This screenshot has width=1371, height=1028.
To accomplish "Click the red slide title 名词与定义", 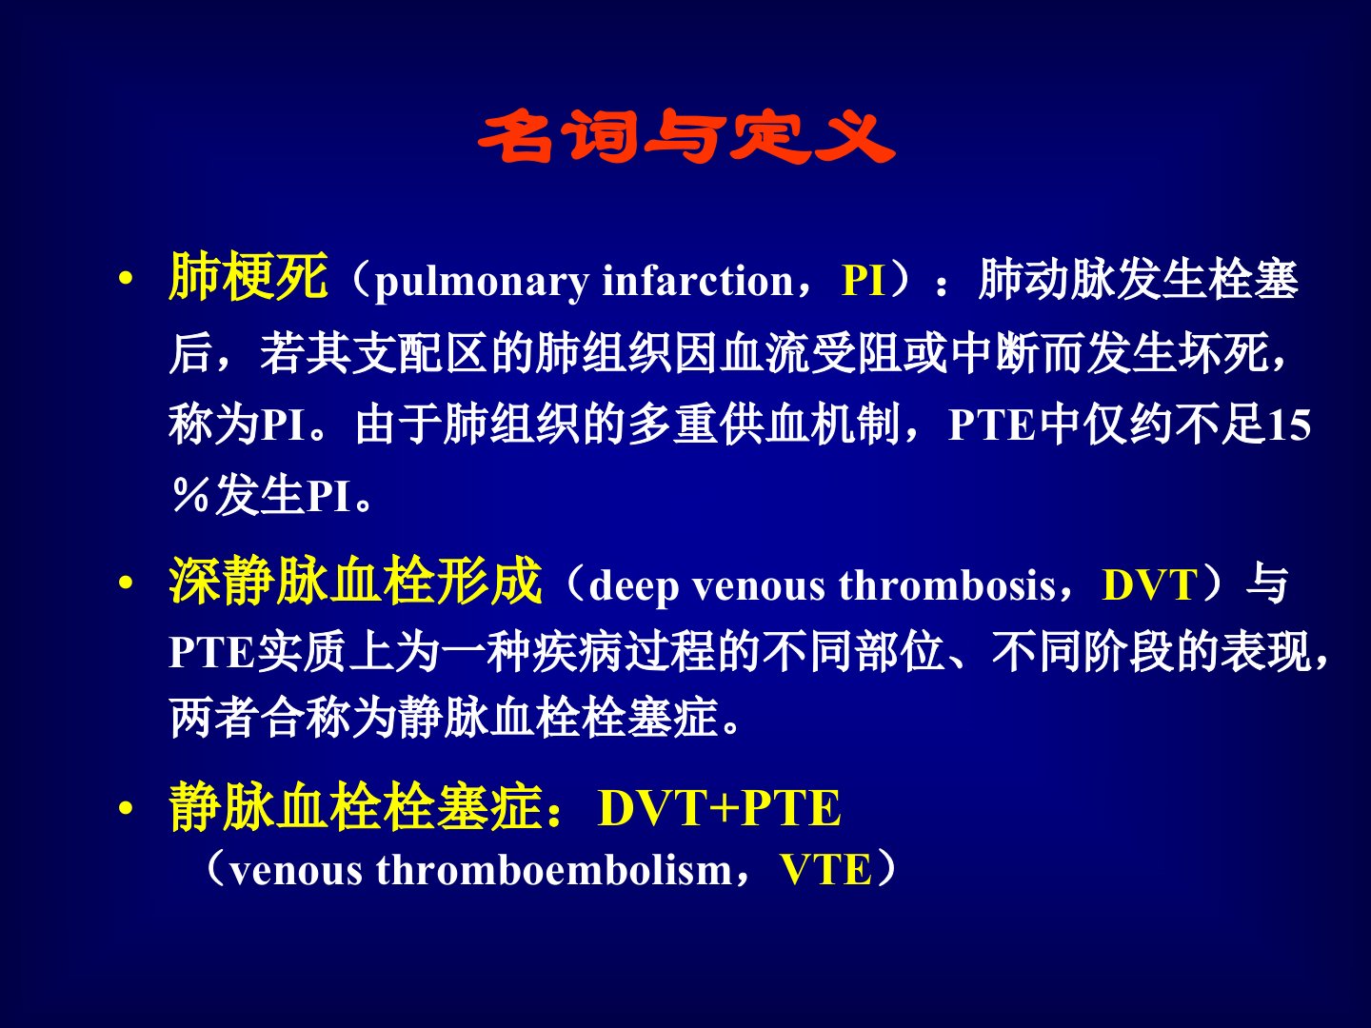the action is pyautogui.click(x=685, y=136).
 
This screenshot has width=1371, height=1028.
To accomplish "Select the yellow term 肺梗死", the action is pyautogui.click(x=248, y=276).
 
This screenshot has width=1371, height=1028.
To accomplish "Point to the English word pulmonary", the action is pyautogui.click(x=482, y=282).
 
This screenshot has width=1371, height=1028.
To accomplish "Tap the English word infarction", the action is pyautogui.click(x=698, y=280).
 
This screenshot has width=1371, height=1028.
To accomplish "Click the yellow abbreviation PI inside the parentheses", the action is pyautogui.click(x=864, y=280).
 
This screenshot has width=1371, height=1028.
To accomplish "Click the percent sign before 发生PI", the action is pyautogui.click(x=190, y=496).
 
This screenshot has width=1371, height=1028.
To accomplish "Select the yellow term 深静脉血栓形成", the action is pyautogui.click(x=355, y=581).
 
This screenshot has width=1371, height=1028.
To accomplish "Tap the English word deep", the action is pyautogui.click(x=633, y=586).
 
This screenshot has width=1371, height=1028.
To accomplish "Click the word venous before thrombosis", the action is pyautogui.click(x=759, y=588).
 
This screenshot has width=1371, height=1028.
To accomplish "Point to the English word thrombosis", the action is pyautogui.click(x=947, y=585).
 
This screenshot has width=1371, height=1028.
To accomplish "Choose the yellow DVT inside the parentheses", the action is pyautogui.click(x=1149, y=585).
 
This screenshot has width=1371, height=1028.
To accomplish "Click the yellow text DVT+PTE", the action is pyautogui.click(x=720, y=808).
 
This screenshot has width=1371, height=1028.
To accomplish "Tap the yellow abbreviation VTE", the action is pyautogui.click(x=825, y=869).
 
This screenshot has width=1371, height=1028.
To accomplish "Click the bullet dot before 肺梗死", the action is pyautogui.click(x=127, y=278).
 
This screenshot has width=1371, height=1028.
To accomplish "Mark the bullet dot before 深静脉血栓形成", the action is pyautogui.click(x=127, y=583).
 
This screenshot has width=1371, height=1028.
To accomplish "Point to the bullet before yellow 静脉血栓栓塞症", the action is pyautogui.click(x=127, y=809).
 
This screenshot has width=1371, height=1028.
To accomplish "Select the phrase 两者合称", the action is pyautogui.click(x=260, y=718).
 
